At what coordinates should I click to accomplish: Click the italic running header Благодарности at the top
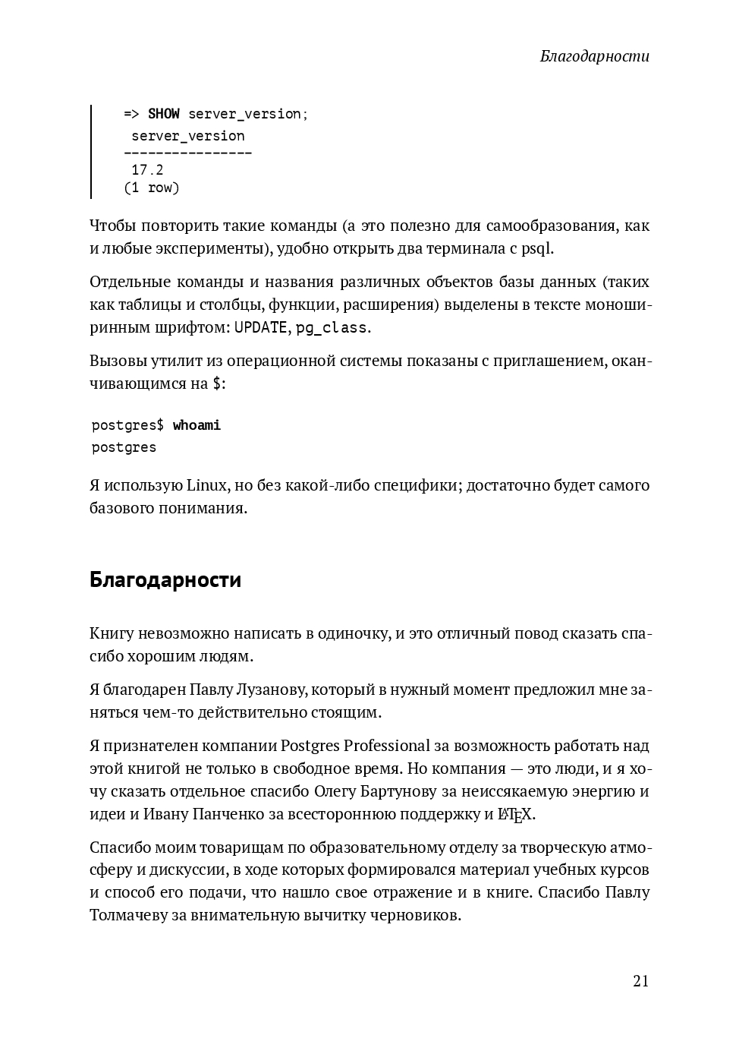coord(594,56)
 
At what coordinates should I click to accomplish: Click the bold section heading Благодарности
coord(165,579)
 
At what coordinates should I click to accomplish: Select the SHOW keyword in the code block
coord(163,114)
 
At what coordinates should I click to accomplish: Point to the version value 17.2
coord(147,170)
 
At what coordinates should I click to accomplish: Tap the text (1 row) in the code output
coord(152,188)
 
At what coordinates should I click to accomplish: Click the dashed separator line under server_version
coord(187,153)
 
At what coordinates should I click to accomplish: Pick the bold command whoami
coord(197,425)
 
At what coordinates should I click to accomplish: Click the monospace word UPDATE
coord(260,328)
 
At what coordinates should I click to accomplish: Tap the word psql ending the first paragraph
coord(537,248)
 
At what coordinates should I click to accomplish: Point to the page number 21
coord(640,981)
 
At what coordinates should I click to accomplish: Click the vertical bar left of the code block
coord(91,152)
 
